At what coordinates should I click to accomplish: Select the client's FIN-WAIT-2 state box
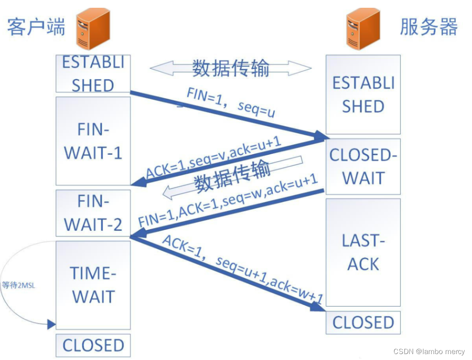click(93, 213)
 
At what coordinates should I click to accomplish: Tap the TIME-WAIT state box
click(93, 285)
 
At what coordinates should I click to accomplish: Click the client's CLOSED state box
click(93, 345)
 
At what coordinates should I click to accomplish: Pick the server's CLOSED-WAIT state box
click(363, 167)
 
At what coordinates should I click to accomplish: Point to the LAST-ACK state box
click(363, 252)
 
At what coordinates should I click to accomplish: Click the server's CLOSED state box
click(363, 323)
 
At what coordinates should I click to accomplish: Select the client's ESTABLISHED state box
click(93, 74)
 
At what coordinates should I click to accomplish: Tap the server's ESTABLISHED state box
click(363, 94)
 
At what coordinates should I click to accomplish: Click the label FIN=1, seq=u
click(231, 103)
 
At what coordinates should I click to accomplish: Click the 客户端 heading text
click(37, 27)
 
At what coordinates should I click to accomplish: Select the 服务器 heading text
click(429, 27)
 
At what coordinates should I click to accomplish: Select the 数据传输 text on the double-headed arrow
click(231, 68)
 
